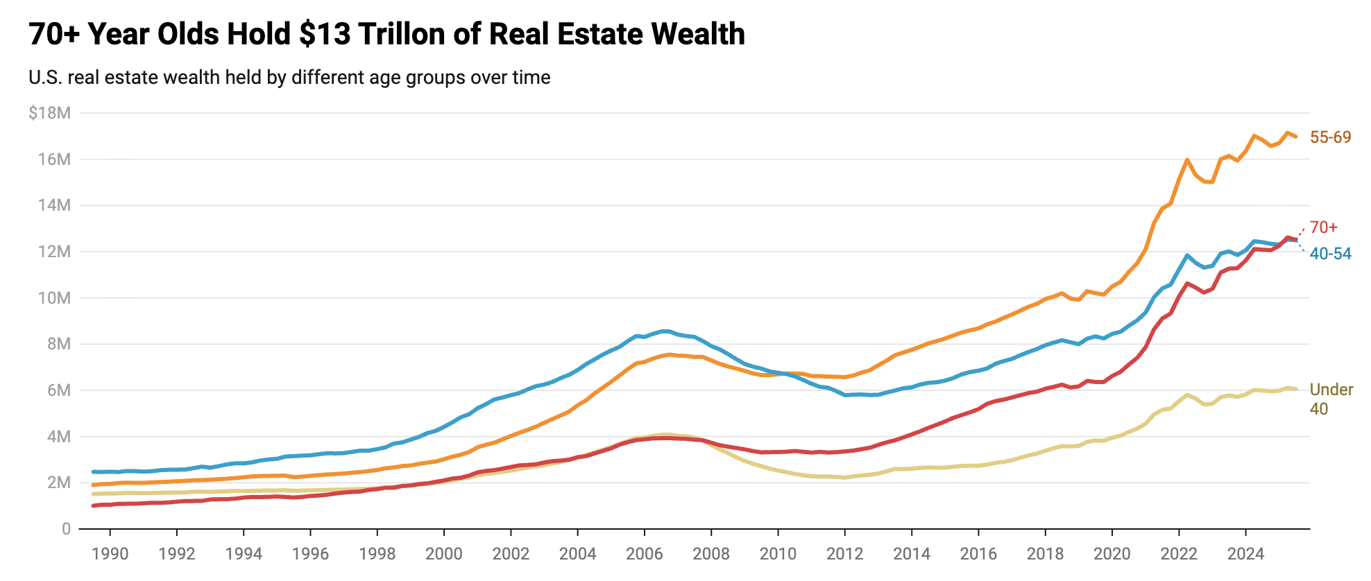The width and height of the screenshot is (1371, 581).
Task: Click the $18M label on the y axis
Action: pyautogui.click(x=49, y=113)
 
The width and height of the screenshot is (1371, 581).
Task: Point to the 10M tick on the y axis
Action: pyautogui.click(x=55, y=298)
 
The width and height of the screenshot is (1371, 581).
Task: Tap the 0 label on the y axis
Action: pyautogui.click(x=66, y=529)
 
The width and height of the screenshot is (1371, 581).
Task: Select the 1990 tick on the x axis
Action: pyautogui.click(x=110, y=553)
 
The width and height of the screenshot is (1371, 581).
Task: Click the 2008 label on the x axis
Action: pyautogui.click(x=712, y=553)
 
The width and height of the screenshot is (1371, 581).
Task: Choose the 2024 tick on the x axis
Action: pyautogui.click(x=1245, y=553)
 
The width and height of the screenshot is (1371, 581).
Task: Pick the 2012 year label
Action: pyautogui.click(x=845, y=553)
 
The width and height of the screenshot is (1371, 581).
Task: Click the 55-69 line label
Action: pyautogui.click(x=1330, y=137)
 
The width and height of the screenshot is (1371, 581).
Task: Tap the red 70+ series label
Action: pyautogui.click(x=1323, y=227)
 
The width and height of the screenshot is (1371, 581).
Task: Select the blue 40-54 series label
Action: pyautogui.click(x=1330, y=254)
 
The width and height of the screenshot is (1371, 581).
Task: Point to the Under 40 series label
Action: pyautogui.click(x=1330, y=399)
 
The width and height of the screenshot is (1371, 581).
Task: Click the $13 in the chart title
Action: pyautogui.click(x=325, y=34)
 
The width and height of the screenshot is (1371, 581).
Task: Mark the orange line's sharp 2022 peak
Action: pyautogui.click(x=1187, y=159)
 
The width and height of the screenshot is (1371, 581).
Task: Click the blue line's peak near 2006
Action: pyautogui.click(x=665, y=331)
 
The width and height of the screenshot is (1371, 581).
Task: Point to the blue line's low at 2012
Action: pyautogui.click(x=845, y=395)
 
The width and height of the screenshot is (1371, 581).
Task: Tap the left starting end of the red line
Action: pyautogui.click(x=94, y=505)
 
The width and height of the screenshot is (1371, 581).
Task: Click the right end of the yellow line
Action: pyautogui.click(x=1295, y=389)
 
